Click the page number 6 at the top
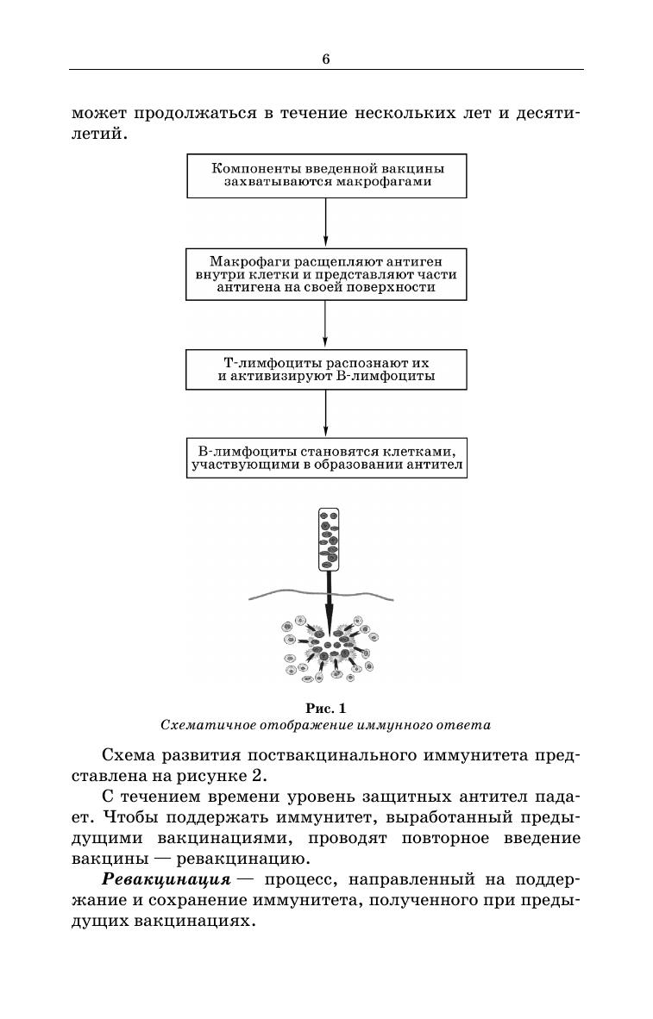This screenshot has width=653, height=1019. [326, 59]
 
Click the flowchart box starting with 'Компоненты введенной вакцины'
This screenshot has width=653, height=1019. [326, 175]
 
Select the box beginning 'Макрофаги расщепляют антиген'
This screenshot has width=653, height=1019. [326, 274]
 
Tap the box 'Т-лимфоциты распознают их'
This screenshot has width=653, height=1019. [326, 369]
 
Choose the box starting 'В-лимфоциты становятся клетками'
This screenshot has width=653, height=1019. [326, 459]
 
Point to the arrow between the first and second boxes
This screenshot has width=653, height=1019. [326, 223]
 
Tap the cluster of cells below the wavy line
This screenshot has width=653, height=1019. [328, 647]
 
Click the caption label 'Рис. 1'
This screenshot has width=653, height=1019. [325, 708]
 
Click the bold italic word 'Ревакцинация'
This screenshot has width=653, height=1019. [166, 879]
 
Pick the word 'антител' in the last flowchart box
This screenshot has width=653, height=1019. [438, 467]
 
